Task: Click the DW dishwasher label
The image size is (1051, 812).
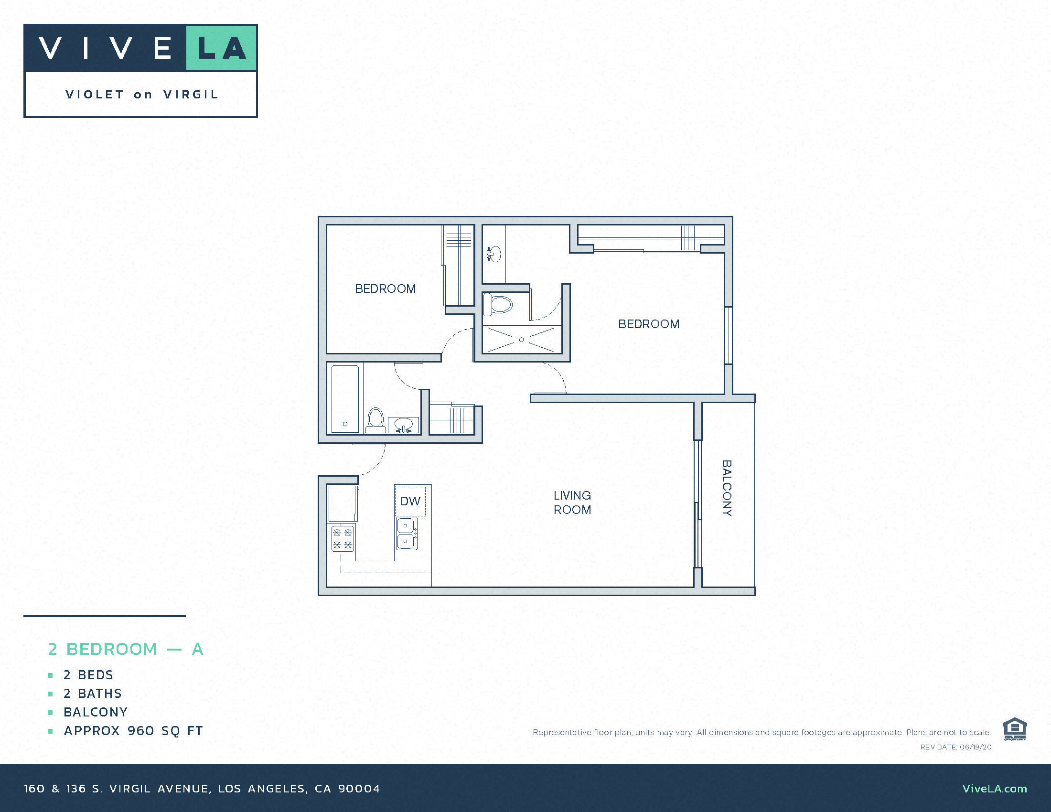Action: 410,501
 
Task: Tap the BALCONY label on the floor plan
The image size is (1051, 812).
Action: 727,488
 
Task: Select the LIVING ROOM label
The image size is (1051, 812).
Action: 572,502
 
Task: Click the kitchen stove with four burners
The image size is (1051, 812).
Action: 343,538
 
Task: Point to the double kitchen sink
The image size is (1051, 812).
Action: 407,534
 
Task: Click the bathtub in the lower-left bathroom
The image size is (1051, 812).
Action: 345,399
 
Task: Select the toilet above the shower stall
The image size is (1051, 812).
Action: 498,304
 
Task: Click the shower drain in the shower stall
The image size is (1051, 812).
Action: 521,340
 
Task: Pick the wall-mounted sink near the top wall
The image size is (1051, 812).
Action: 494,254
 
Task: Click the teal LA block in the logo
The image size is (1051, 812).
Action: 221,48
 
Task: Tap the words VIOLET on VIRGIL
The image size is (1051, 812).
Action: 142,94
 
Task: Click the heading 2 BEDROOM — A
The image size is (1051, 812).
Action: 126,649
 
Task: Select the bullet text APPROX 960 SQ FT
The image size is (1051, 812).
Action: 133,731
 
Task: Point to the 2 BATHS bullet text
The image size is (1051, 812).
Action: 92,693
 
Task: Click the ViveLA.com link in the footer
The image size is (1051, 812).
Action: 995,789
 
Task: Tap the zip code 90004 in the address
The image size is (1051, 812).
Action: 359,789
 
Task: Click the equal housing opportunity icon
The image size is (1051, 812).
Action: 1014,729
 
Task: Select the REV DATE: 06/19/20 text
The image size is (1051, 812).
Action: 956,747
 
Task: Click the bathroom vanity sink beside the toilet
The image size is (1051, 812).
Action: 403,425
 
